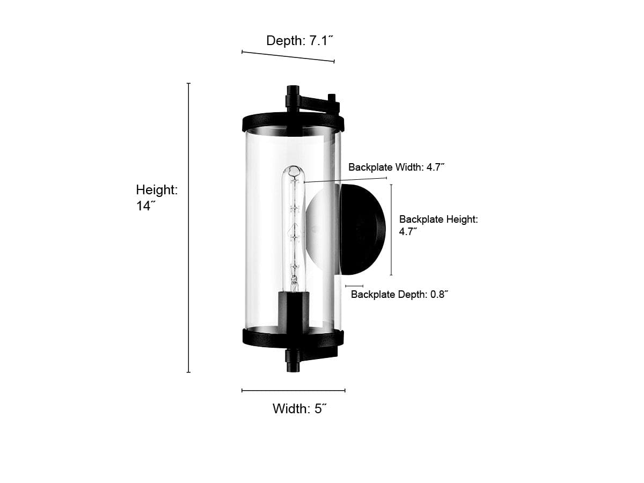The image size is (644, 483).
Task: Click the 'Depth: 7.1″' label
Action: pyautogui.click(x=300, y=40)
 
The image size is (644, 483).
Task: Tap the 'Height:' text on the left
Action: pyautogui.click(x=157, y=190)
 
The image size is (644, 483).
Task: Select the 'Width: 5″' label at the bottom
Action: pyautogui.click(x=299, y=408)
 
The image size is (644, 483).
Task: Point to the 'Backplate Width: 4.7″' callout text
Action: pyautogui.click(x=397, y=167)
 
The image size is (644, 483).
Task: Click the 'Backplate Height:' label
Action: pyautogui.click(x=438, y=219)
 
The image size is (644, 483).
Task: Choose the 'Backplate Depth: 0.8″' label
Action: pyautogui.click(x=399, y=294)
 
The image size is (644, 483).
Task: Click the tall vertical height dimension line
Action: pyautogui.click(x=189, y=228)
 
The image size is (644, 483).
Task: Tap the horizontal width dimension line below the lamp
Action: pyautogui.click(x=294, y=390)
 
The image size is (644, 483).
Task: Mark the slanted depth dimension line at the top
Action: pyautogui.click(x=288, y=56)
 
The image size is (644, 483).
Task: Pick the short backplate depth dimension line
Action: pyautogui.click(x=354, y=286)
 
